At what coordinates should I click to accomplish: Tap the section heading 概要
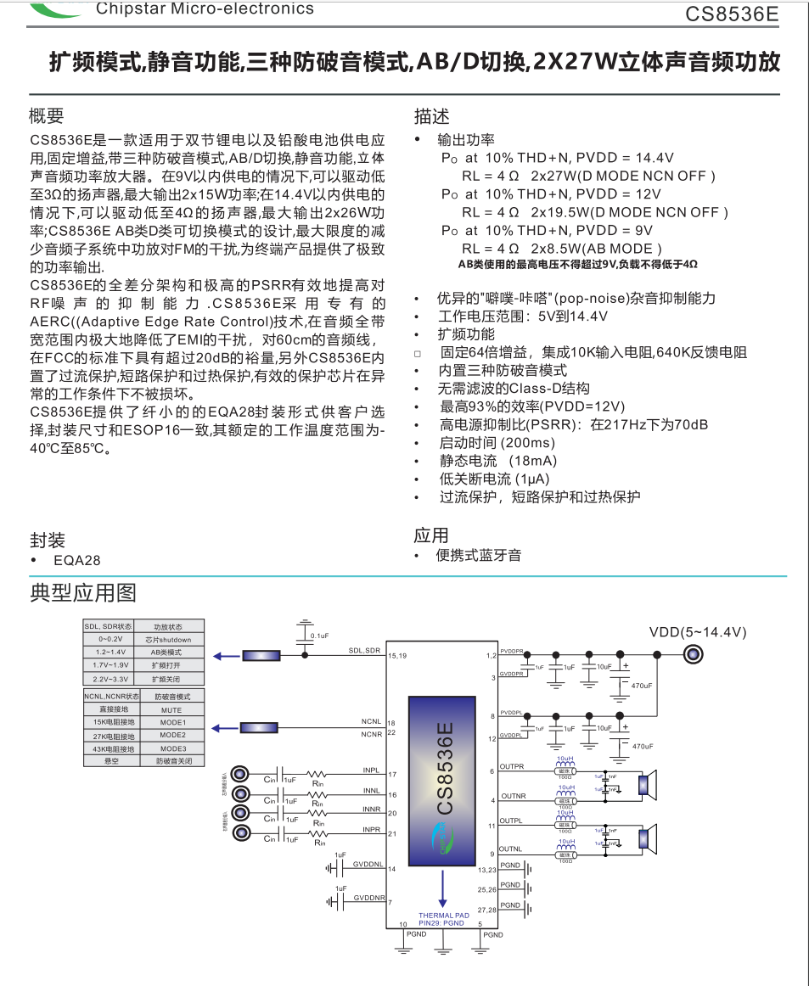tap(47, 116)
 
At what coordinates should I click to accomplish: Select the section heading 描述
tap(432, 116)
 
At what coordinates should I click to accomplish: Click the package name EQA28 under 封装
tap(76, 560)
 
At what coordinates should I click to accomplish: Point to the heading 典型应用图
tap(83, 592)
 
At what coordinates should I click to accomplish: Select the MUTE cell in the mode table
tap(171, 709)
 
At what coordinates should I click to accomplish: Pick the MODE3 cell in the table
tap(172, 748)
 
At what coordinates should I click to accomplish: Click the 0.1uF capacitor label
tap(320, 636)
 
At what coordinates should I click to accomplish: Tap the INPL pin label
tap(371, 770)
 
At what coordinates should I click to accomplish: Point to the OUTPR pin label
tap(512, 767)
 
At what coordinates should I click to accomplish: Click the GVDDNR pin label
tap(369, 897)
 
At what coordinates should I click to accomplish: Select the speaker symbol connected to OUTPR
tap(649, 784)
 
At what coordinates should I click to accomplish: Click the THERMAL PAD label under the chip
tap(443, 916)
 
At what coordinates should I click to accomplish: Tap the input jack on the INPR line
tap(241, 834)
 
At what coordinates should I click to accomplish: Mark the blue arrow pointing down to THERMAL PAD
tap(442, 893)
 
